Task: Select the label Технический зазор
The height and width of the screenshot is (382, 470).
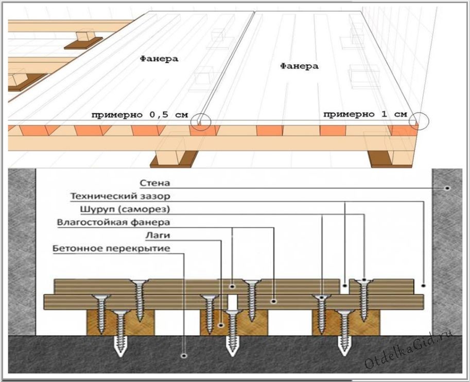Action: coord(120,196)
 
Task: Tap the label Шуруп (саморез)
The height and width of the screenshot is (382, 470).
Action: coord(126,210)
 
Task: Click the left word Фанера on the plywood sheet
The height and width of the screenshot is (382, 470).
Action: coord(159,59)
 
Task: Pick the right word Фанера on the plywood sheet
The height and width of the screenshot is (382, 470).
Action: coord(299,66)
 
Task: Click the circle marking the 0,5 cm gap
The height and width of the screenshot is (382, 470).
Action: coord(201,122)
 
